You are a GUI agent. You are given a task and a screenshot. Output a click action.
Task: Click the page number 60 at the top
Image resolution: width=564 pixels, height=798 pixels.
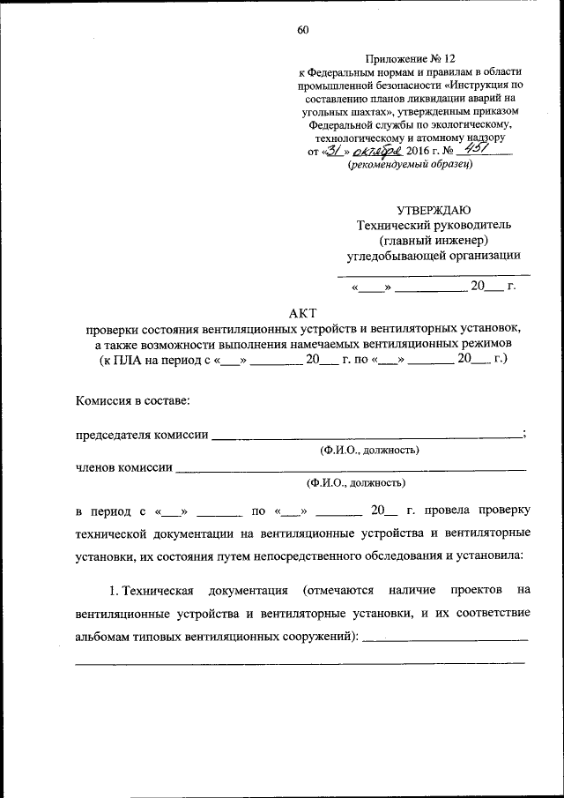pos(302,30)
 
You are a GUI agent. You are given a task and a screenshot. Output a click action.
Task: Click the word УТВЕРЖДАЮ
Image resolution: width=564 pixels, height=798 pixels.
pos(434,210)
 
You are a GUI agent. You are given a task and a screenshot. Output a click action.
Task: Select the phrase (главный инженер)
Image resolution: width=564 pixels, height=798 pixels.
pos(434,240)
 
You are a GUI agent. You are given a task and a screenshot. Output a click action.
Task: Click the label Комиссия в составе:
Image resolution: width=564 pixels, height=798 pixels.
pos(132,401)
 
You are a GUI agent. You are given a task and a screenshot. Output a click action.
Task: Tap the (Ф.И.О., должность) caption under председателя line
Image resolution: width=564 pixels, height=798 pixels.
pos(369,451)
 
